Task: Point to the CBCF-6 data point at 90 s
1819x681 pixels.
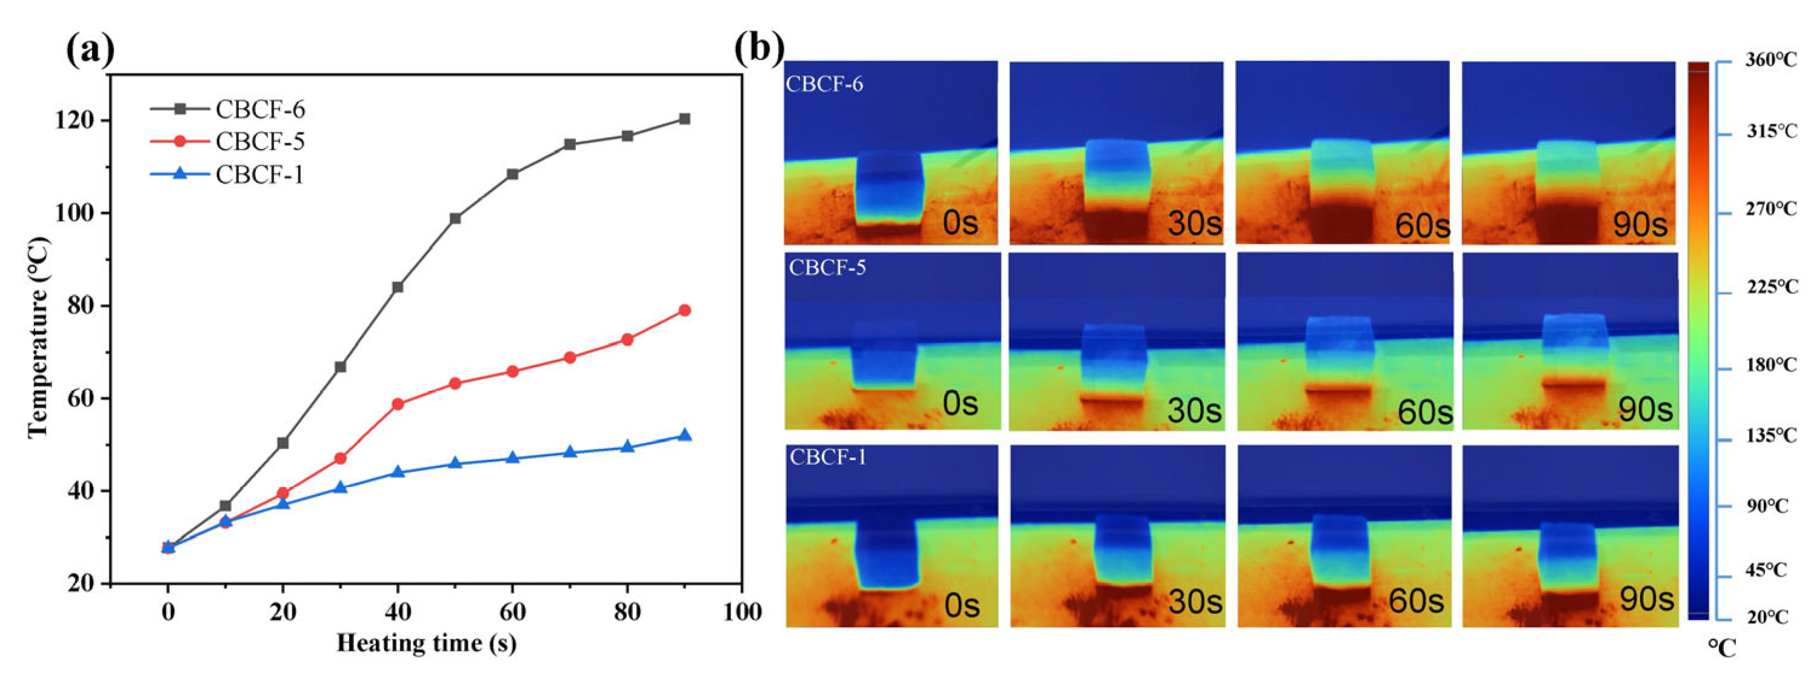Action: (x=684, y=119)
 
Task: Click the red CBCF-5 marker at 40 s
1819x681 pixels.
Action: (x=398, y=404)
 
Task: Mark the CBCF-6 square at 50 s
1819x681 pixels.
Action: (x=455, y=218)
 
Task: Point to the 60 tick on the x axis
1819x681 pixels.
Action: (x=512, y=611)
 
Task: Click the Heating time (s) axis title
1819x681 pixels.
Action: (x=427, y=643)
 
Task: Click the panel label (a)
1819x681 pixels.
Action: (x=90, y=51)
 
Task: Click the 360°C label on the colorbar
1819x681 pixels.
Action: (x=1771, y=60)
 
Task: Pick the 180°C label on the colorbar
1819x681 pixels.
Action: (x=1771, y=365)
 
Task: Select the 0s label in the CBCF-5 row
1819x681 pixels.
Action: (x=960, y=404)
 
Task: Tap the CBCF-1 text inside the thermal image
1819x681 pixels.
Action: (x=827, y=457)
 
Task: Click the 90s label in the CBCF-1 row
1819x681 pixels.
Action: (x=1646, y=599)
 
